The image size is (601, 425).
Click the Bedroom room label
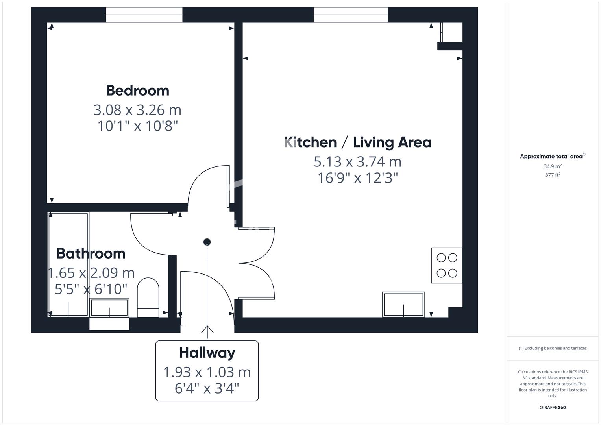[138, 91]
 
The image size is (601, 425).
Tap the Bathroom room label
[91, 253]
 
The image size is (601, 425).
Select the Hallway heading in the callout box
[207, 353]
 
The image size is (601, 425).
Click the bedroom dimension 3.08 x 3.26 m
[138, 110]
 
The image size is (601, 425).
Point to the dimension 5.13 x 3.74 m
[358, 162]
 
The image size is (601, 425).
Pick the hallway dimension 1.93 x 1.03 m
[207, 372]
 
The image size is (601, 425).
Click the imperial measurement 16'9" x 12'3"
[358, 178]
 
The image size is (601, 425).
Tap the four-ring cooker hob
[447, 265]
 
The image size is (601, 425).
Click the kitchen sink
[403, 304]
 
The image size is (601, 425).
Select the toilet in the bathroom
[148, 297]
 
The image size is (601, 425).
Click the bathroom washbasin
[109, 307]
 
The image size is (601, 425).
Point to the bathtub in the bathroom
[68, 264]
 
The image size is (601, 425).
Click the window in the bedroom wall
[144, 15]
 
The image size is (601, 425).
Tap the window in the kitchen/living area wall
[351, 15]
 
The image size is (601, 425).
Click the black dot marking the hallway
[207, 242]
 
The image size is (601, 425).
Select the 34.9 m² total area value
[553, 166]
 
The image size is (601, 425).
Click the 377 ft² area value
[553, 175]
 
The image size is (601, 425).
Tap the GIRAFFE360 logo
[553, 408]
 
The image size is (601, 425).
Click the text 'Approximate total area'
[551, 157]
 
